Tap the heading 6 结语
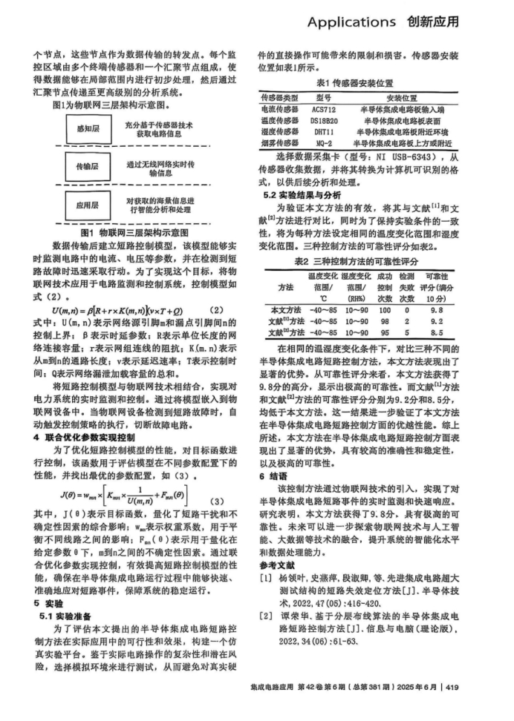[272, 475]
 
